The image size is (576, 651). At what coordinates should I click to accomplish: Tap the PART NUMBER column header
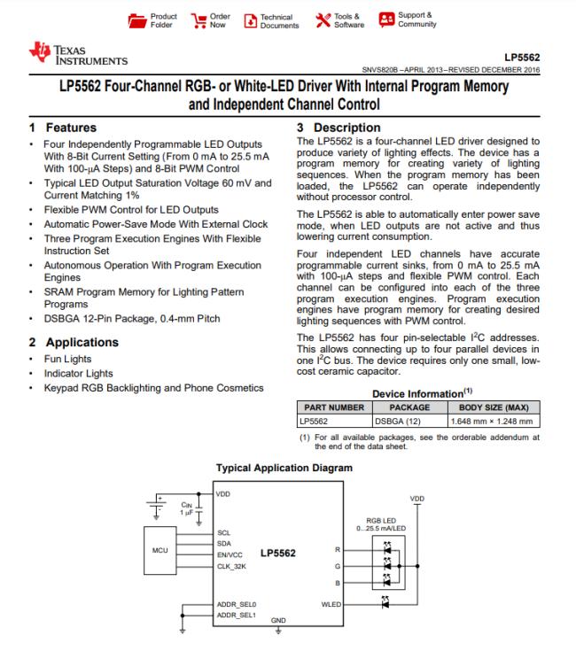(x=329, y=407)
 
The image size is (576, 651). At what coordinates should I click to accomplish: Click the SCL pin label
(x=224, y=533)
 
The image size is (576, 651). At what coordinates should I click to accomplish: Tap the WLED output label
(x=330, y=605)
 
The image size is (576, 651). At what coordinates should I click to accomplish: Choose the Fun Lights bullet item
(x=67, y=360)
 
